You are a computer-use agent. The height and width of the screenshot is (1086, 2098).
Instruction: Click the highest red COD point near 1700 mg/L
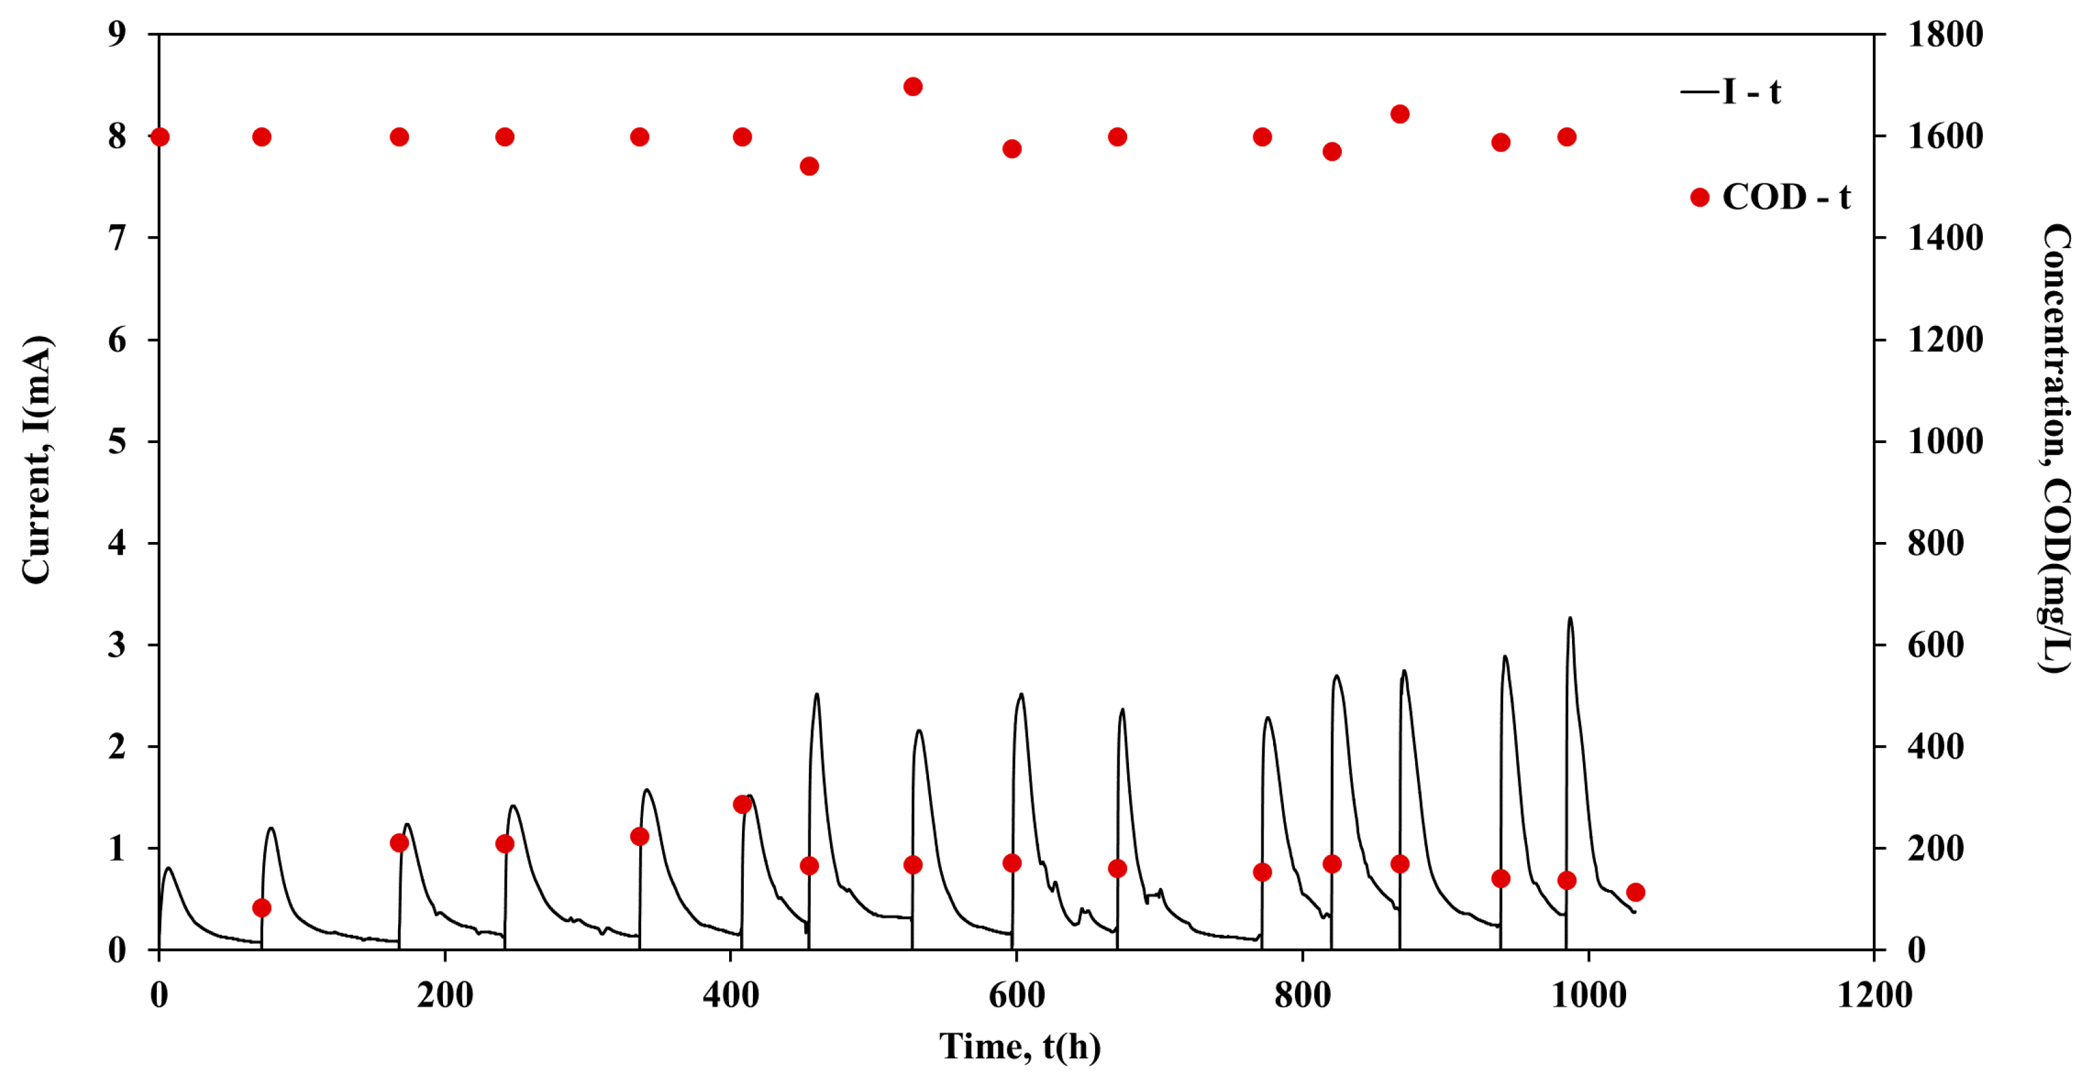pyautogui.click(x=912, y=86)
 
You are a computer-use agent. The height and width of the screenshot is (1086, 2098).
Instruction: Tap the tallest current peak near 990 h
pyautogui.click(x=1569, y=619)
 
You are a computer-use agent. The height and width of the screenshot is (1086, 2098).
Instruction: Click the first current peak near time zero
pyautogui.click(x=168, y=869)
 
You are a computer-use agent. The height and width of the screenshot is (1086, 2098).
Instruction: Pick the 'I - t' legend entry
pyautogui.click(x=1732, y=91)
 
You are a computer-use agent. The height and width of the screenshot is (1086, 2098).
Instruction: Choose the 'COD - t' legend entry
pyautogui.click(x=1771, y=197)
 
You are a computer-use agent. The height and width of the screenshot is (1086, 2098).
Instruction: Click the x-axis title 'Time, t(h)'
pyautogui.click(x=1020, y=1046)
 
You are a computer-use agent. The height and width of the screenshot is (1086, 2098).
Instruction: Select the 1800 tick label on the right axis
pyautogui.click(x=1945, y=34)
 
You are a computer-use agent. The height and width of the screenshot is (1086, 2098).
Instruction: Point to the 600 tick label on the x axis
pyautogui.click(x=1017, y=995)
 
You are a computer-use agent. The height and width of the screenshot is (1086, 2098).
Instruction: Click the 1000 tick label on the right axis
pyautogui.click(x=1945, y=442)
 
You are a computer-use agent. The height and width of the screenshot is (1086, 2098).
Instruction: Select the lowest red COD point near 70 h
pyautogui.click(x=262, y=908)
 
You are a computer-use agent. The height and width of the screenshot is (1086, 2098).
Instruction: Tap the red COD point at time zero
pyautogui.click(x=159, y=137)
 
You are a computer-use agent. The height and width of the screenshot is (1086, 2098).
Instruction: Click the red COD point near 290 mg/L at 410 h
pyautogui.click(x=742, y=805)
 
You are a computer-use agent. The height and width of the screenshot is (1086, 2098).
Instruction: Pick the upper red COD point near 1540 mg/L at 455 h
pyautogui.click(x=809, y=166)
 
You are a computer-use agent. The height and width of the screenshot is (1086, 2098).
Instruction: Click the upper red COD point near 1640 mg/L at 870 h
pyautogui.click(x=1400, y=114)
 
